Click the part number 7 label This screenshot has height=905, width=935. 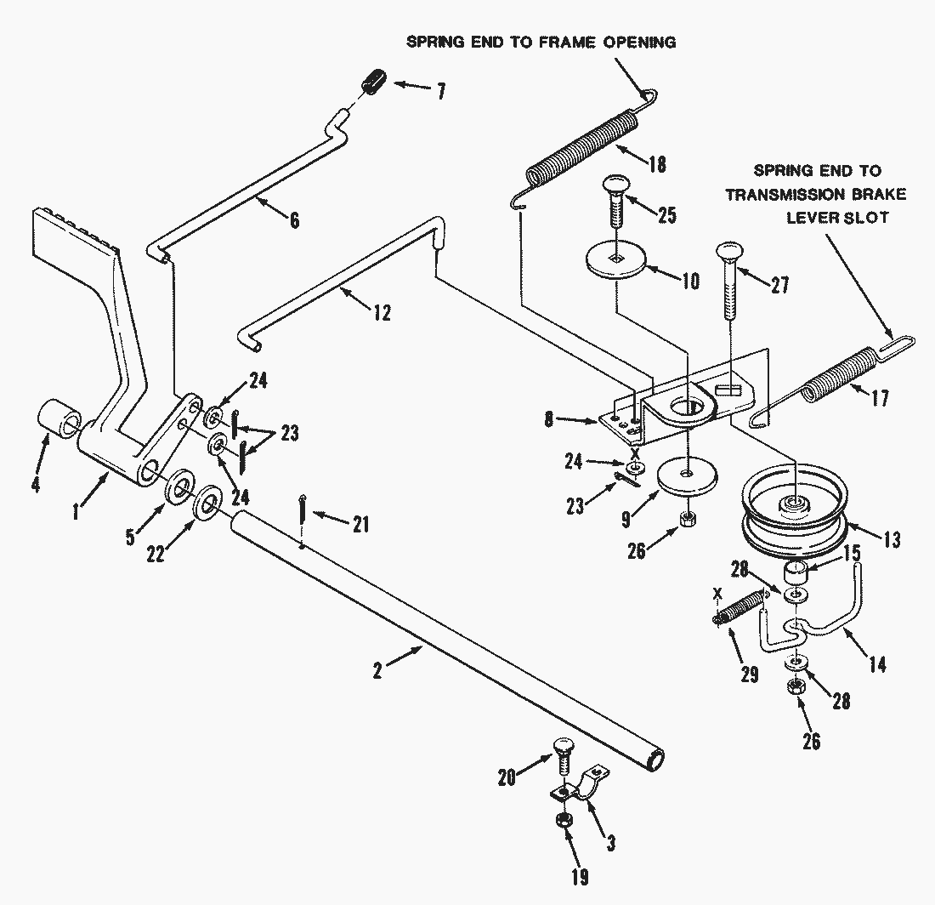[440, 90]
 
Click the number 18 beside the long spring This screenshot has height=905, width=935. [656, 164]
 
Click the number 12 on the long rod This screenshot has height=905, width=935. [382, 313]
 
